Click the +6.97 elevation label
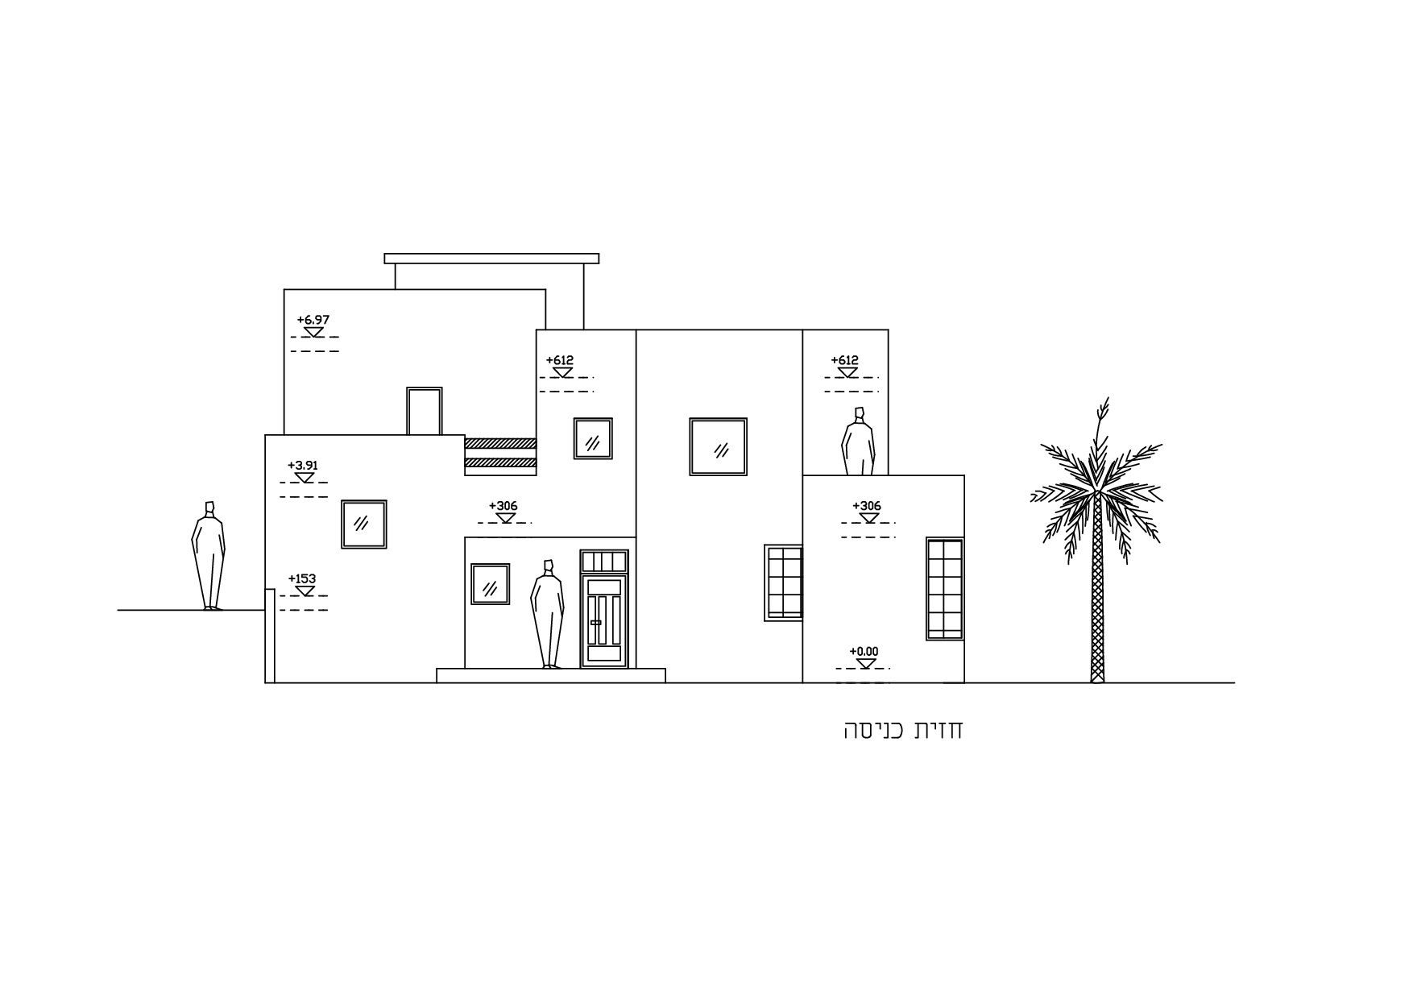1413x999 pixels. [x=313, y=320]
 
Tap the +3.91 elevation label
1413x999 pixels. [x=303, y=466]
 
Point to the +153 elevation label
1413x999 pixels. [x=302, y=578]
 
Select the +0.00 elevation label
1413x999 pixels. [x=864, y=651]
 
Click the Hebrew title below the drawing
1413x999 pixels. [x=903, y=730]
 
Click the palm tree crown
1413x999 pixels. [x=1096, y=483]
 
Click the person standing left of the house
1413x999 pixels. [x=208, y=556]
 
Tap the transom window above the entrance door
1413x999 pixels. [x=604, y=561]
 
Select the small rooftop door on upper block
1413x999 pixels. [x=425, y=411]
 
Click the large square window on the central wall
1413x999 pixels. [x=718, y=446]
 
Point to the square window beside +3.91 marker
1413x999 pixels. [x=364, y=524]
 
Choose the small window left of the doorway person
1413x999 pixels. [x=490, y=584]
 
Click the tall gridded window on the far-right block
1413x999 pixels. [x=945, y=589]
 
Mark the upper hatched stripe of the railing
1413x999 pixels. [x=500, y=443]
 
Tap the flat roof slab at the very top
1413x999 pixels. [x=491, y=259]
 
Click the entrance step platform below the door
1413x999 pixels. [x=551, y=676]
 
